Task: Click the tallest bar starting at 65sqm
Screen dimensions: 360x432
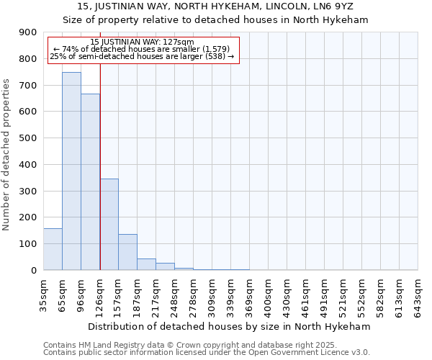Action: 71,171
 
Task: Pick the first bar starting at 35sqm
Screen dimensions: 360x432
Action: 53,249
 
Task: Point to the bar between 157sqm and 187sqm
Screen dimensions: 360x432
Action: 127,252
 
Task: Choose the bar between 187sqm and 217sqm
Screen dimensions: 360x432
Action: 146,264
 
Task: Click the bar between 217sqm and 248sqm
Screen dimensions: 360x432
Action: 165,266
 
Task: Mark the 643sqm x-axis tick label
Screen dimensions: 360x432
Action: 418,295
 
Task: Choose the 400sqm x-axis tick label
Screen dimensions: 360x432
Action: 268,295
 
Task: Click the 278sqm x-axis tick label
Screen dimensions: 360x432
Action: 193,295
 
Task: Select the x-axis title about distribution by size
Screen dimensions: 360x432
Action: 230,327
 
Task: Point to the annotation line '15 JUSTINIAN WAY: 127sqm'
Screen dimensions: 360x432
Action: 143,42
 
